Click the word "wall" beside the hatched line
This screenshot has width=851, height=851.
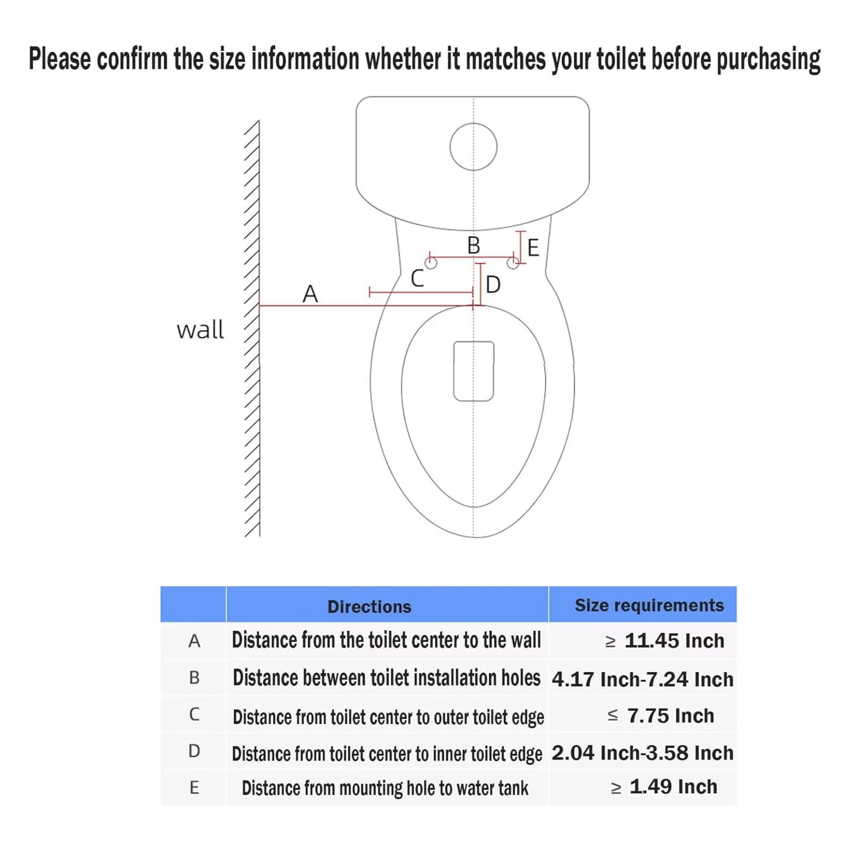tap(200, 329)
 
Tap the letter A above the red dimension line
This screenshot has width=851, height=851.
tap(310, 294)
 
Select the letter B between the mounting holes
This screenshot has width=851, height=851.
tap(473, 245)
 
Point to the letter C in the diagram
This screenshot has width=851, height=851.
tap(418, 278)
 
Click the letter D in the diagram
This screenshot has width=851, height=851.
tap(493, 285)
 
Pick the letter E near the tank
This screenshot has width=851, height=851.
tap(534, 248)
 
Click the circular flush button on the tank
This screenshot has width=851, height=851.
tap(473, 147)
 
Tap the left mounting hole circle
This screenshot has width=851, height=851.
tap(431, 263)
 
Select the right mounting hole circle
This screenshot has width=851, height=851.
tap(513, 263)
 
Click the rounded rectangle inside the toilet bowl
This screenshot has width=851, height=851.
tap(474, 371)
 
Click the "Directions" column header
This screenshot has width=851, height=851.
tap(369, 607)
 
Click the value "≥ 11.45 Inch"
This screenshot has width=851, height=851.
tap(665, 641)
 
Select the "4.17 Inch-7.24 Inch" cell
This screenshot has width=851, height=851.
tap(643, 679)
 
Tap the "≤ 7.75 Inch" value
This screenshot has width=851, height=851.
tap(661, 716)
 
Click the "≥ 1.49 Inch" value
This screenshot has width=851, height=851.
tap(664, 787)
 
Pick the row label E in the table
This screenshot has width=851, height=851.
tap(194, 787)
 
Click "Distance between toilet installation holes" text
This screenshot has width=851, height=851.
tap(386, 678)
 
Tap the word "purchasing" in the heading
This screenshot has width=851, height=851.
tap(769, 59)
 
